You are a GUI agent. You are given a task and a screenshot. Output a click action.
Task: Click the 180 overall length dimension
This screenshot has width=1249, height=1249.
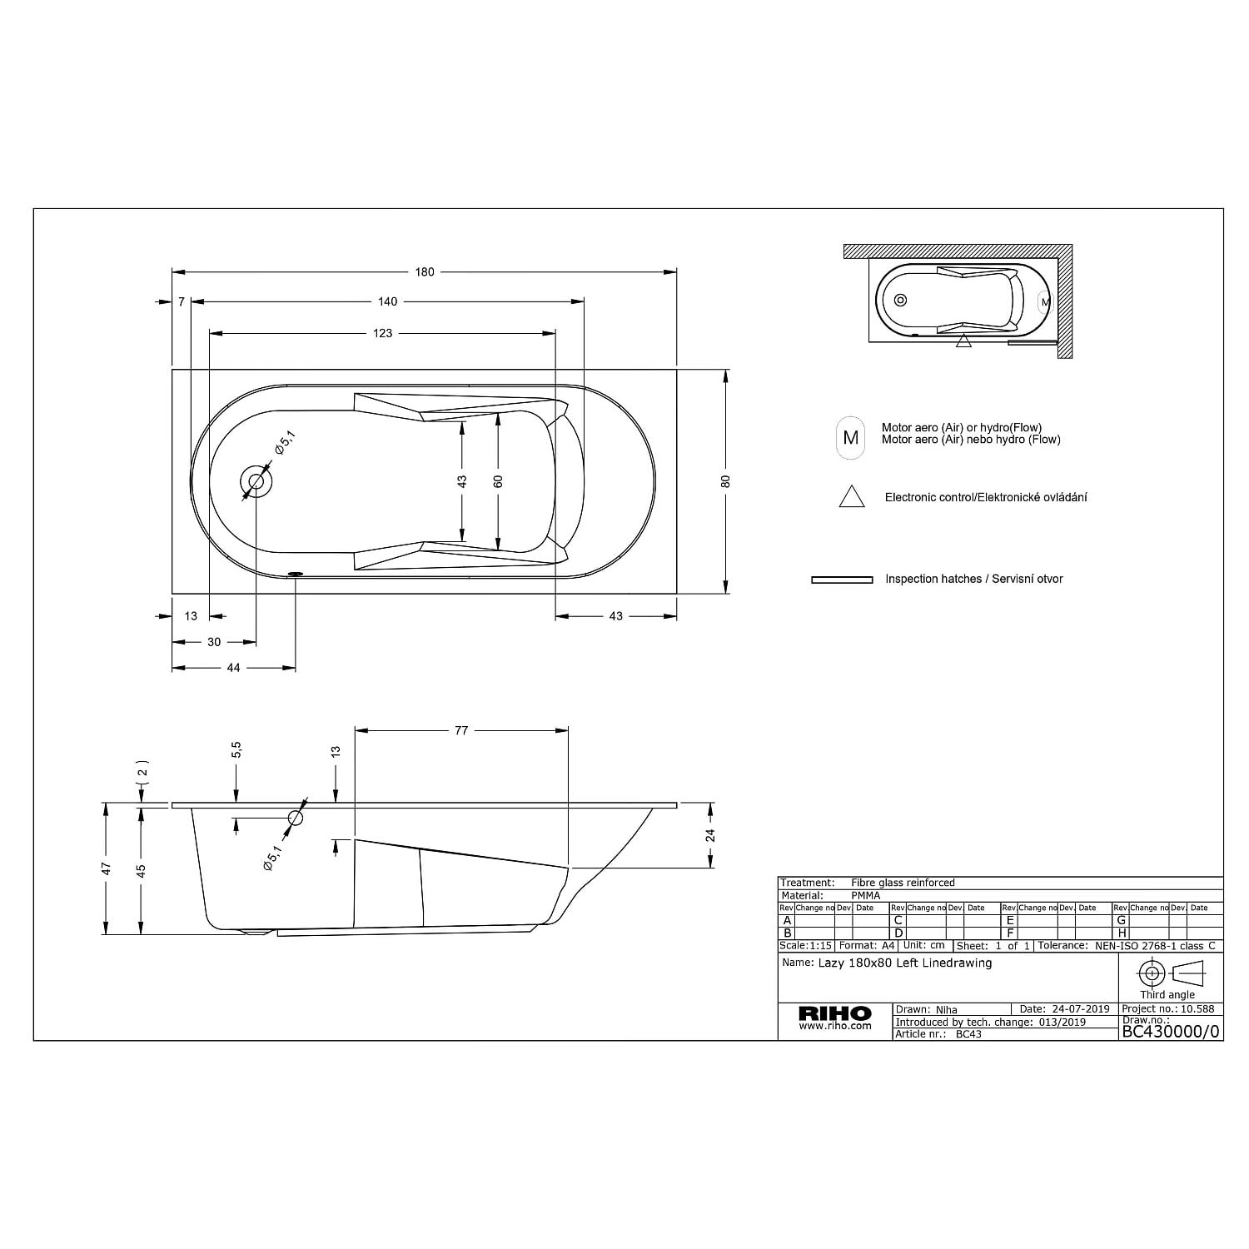tap(425, 272)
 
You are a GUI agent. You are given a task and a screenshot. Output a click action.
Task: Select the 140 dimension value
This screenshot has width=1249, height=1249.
tap(387, 301)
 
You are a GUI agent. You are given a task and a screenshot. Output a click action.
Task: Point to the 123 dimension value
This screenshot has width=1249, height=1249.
tap(382, 333)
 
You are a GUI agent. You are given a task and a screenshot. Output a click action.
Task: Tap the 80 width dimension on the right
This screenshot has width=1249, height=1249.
tap(726, 481)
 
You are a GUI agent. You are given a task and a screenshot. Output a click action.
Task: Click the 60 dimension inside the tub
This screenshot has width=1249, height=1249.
tap(498, 481)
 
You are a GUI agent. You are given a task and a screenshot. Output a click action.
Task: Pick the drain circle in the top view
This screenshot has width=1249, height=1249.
tap(256, 481)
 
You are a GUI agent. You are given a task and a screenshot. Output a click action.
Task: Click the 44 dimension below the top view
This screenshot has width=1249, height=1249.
tap(233, 668)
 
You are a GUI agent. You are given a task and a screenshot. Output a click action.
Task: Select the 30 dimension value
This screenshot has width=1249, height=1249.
tap(214, 642)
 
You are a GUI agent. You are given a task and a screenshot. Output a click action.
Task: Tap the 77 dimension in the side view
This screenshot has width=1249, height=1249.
tap(461, 730)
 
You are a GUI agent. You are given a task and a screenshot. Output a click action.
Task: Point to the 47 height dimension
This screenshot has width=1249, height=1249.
tap(107, 868)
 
